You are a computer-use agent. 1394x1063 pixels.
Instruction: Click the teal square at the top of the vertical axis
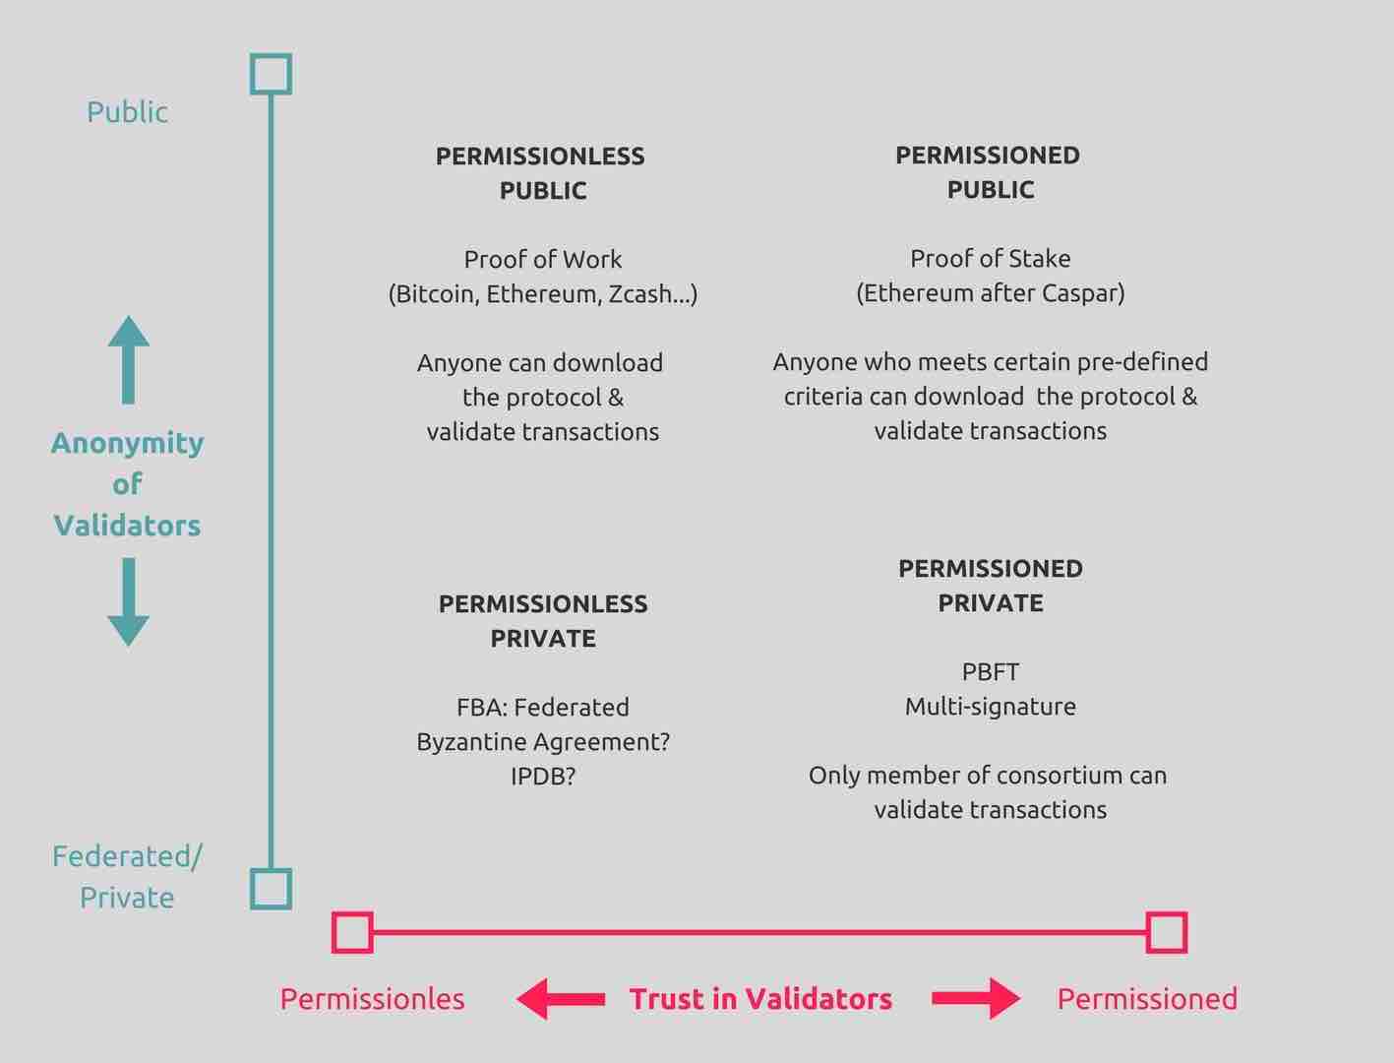271,74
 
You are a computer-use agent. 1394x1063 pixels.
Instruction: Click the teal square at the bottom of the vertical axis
271,889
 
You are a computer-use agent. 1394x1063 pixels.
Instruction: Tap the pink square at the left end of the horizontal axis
352,932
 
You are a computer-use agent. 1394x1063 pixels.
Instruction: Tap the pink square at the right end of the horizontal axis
1167,932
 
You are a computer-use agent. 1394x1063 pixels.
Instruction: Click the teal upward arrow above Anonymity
128,359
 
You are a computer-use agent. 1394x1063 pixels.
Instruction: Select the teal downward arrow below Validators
128,601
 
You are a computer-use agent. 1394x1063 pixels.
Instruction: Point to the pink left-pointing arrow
561,999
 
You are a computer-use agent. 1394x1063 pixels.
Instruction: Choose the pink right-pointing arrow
975,999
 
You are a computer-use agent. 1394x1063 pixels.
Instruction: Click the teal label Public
127,112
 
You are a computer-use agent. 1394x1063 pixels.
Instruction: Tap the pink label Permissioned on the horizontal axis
1147,999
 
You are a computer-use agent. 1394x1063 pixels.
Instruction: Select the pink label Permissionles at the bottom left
372,999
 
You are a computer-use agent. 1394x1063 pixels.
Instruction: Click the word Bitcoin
436,294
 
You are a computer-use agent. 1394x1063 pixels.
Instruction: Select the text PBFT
991,672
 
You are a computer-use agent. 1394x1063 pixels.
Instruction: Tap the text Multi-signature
991,707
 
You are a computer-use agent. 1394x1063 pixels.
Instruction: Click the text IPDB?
543,777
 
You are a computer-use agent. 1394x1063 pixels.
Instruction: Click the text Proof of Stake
991,259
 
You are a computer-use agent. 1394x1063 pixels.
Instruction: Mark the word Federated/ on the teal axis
127,856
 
